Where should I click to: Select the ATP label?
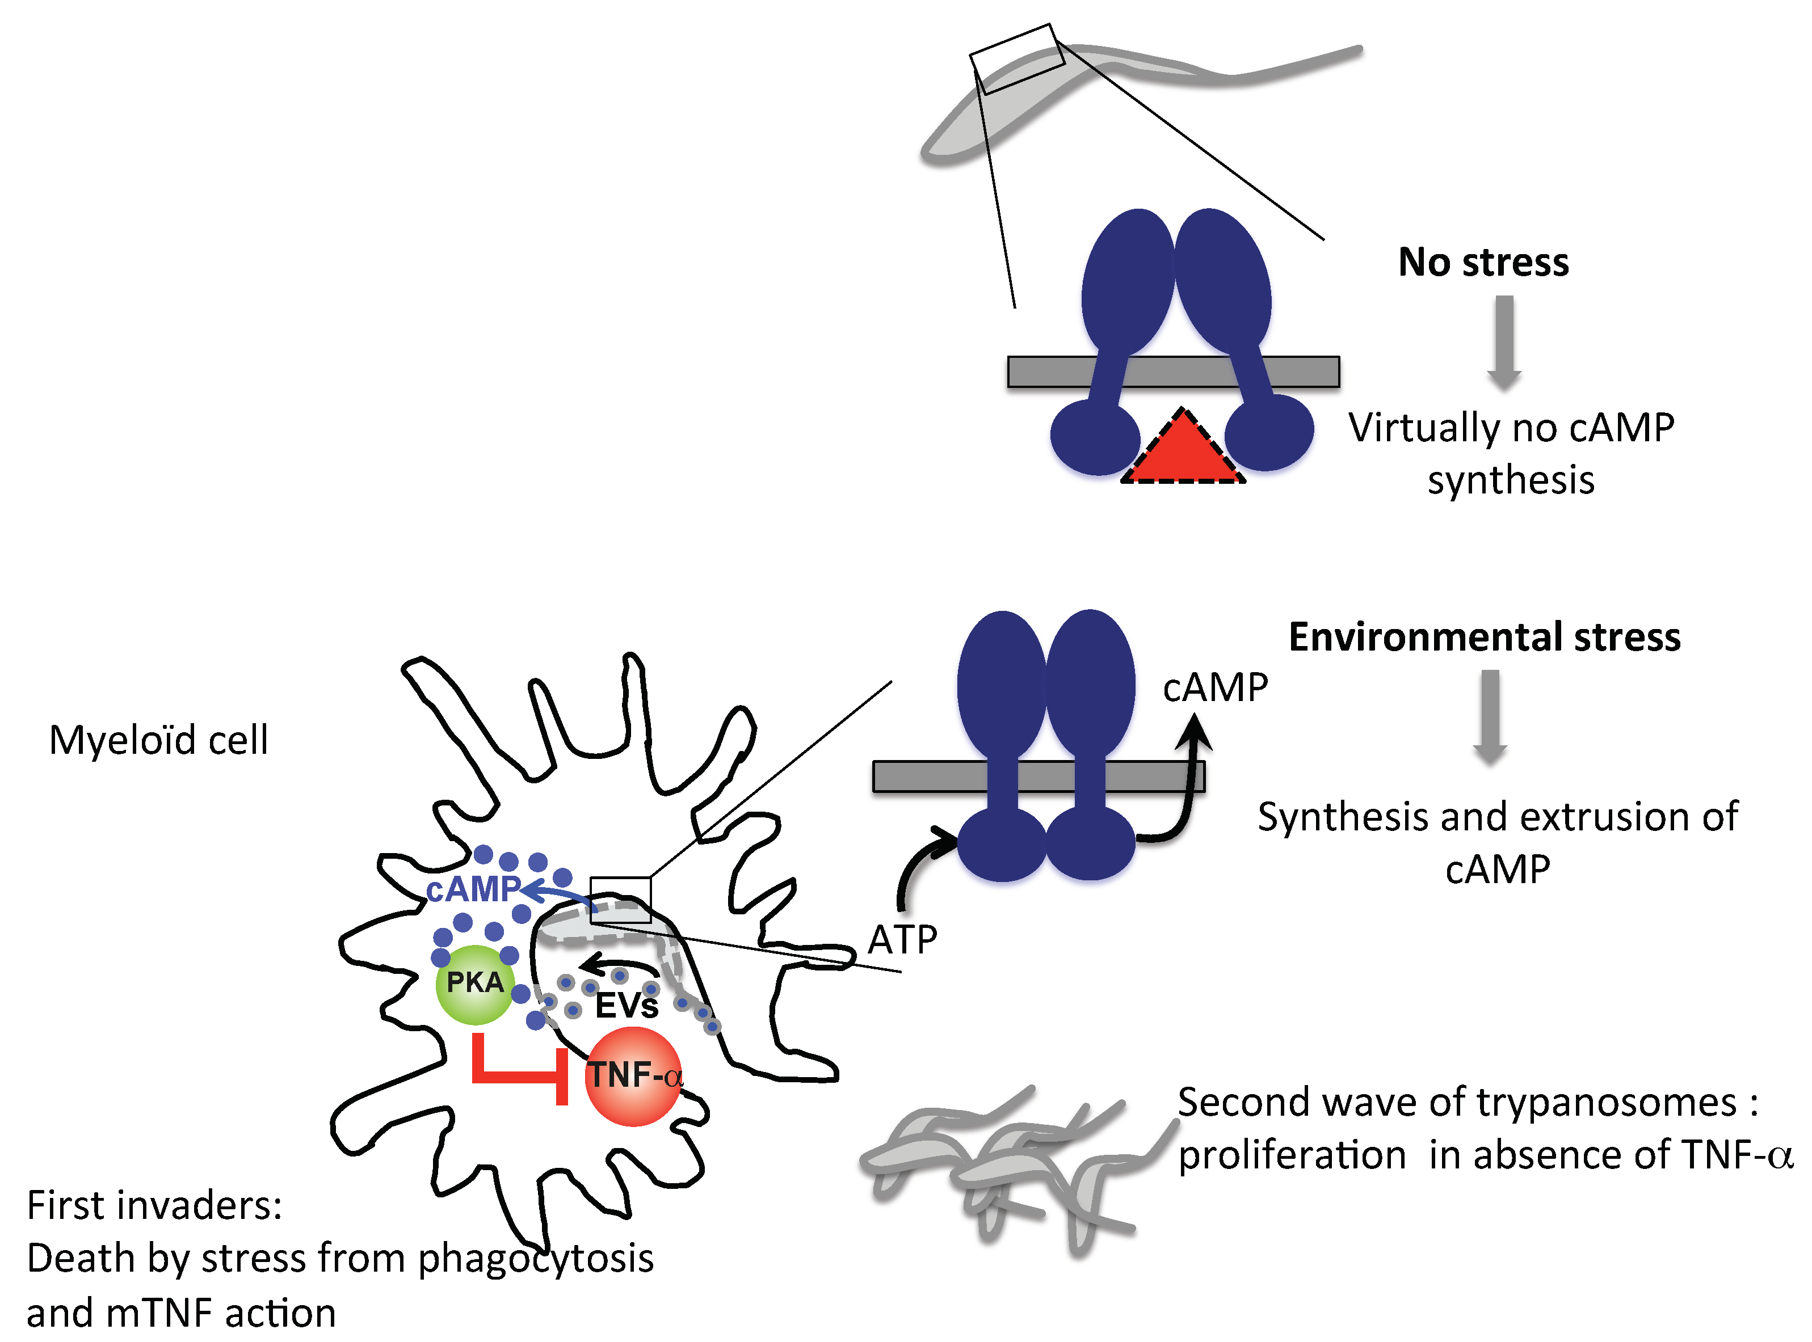tap(902, 940)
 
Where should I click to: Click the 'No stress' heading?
tap(1483, 263)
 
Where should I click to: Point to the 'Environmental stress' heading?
tap(1485, 637)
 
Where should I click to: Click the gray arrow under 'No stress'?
tap(1504, 341)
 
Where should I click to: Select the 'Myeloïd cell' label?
tap(158, 740)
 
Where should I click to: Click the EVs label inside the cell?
tap(626, 1006)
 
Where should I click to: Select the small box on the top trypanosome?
tap(1016, 58)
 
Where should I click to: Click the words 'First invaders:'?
tap(154, 1205)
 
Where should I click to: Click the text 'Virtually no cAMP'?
tap(1511, 428)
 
